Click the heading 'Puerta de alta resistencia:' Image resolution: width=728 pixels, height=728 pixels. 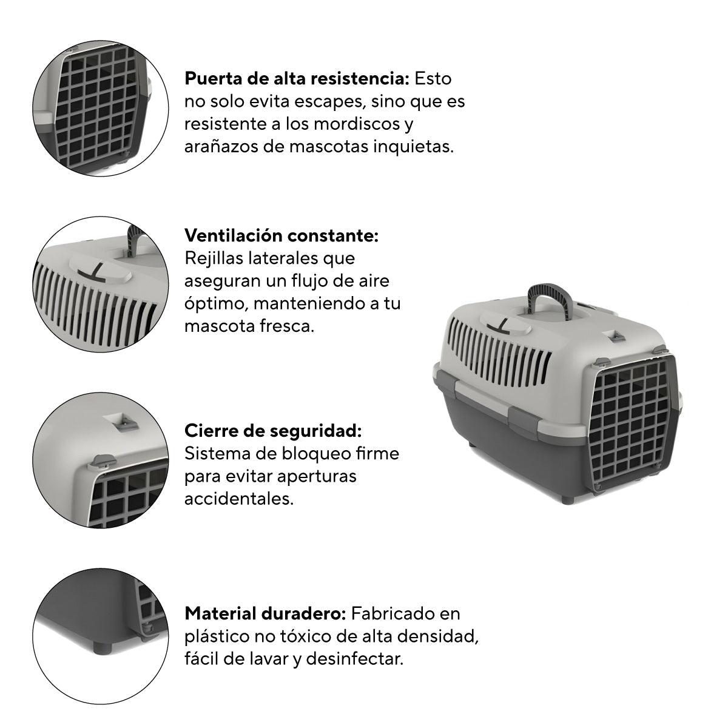(x=297, y=79)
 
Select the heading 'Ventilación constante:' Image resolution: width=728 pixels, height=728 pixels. (x=281, y=236)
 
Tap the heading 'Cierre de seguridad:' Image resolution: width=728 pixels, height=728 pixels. (x=273, y=431)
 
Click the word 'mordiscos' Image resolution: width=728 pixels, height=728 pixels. (x=357, y=124)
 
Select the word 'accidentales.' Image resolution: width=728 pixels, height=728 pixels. (x=239, y=499)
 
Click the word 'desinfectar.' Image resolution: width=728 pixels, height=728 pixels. (x=355, y=659)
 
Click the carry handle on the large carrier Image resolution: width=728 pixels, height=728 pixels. (x=548, y=297)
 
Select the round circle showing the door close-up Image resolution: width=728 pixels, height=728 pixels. (x=101, y=108)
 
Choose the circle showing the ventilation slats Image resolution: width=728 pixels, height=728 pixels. (x=101, y=284)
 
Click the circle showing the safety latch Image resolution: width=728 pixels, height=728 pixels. (x=101, y=460)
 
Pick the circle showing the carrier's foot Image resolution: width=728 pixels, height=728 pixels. (x=101, y=636)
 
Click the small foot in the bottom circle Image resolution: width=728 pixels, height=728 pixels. (x=104, y=647)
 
